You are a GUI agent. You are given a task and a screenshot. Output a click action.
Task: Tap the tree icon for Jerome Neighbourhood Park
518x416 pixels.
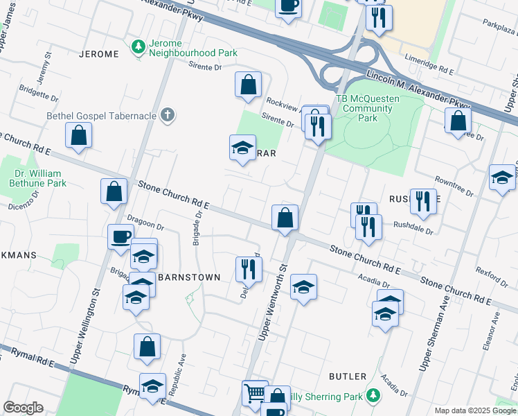(138, 47)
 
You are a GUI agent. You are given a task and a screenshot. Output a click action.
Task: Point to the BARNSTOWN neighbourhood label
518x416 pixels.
(188, 277)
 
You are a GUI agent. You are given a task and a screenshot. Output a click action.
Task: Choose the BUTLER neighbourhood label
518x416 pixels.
(348, 376)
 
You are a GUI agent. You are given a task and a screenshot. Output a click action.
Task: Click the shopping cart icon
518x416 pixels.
(254, 392)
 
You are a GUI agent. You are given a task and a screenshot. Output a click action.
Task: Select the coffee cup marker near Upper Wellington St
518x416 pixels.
(120, 236)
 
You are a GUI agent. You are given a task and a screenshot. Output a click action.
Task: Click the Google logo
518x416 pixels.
(24, 408)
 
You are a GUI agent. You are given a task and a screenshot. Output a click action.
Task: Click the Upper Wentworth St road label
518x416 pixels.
(273, 302)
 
